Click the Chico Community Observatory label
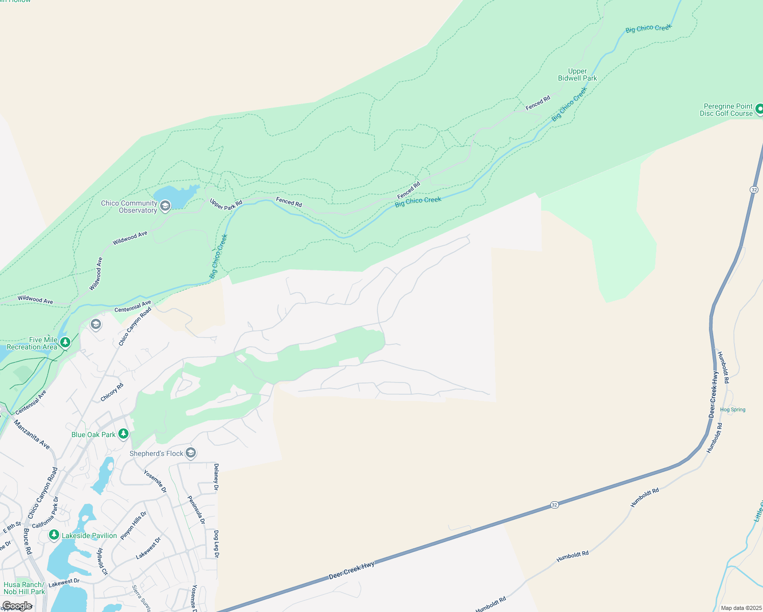[129, 207]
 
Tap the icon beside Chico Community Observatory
[165, 206]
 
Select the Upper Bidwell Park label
[577, 75]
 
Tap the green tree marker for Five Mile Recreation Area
[65, 342]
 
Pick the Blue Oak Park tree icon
[123, 434]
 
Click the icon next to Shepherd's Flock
[190, 453]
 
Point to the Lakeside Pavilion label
[89, 535]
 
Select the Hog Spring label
[732, 410]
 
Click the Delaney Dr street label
[216, 477]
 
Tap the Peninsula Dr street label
[196, 509]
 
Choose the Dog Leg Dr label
[216, 544]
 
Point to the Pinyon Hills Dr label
[134, 525]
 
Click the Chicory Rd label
[112, 392]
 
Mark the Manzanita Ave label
[32, 435]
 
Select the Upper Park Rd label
[226, 205]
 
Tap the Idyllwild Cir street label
[102, 562]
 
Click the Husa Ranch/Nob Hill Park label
[24, 588]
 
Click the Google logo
[17, 605]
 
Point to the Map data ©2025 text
[740, 608]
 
